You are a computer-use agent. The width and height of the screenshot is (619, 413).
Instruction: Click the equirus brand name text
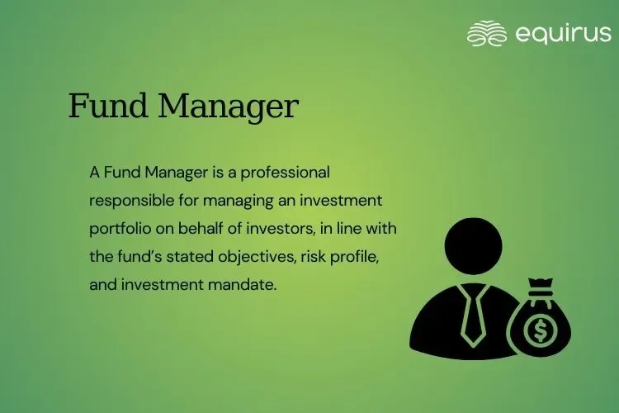pyautogui.click(x=563, y=33)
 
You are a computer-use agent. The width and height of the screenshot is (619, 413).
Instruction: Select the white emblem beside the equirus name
pyautogui.click(x=487, y=33)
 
